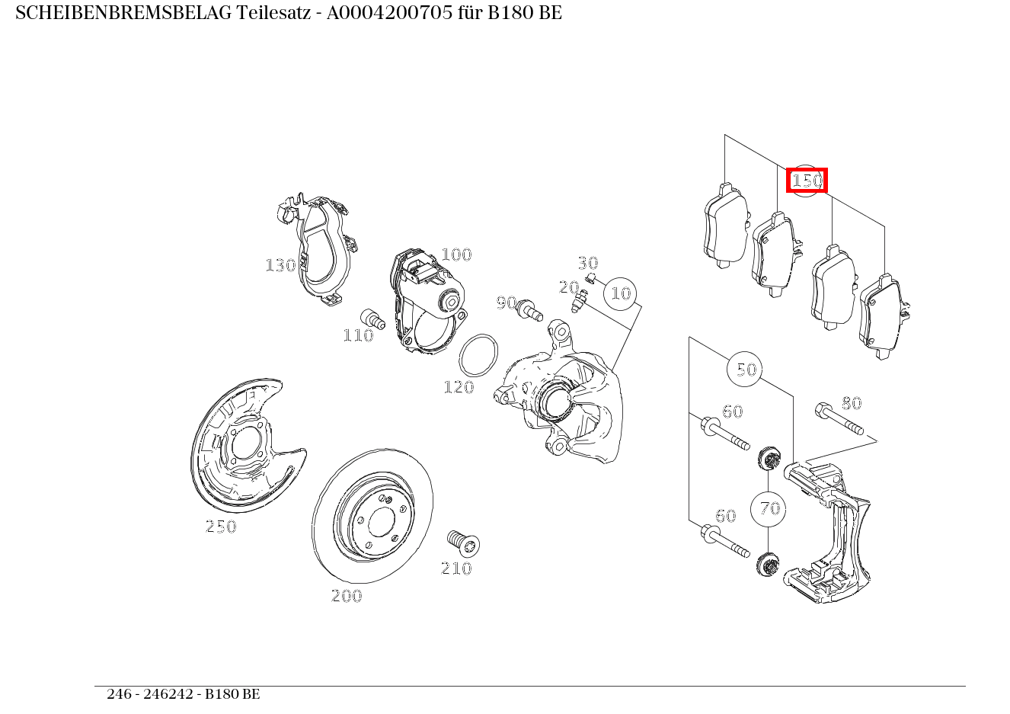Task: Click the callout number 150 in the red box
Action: tap(807, 181)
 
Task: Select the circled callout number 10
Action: tap(622, 293)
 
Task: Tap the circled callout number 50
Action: tap(746, 370)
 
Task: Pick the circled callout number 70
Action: tap(770, 508)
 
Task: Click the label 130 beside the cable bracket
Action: tap(280, 265)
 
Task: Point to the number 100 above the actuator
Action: tap(456, 255)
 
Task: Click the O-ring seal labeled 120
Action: tap(479, 355)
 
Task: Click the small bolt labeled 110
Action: tap(372, 319)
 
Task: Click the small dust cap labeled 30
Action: tap(590, 276)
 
